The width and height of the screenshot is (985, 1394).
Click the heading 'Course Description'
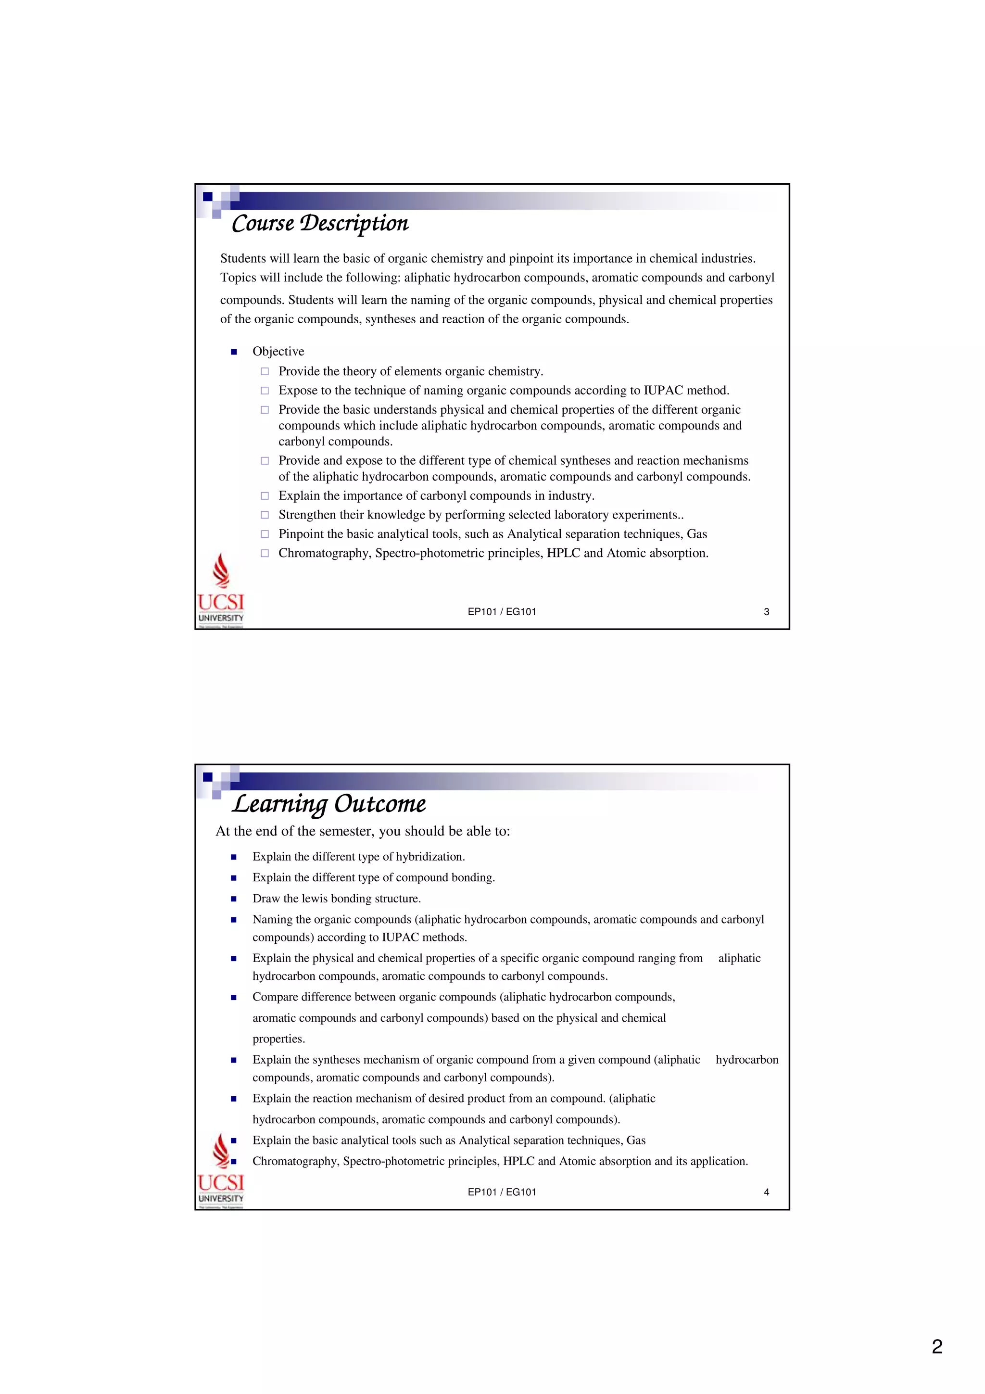click(320, 223)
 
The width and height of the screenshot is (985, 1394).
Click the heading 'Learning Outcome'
click(329, 804)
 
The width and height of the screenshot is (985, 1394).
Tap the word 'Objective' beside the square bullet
click(278, 352)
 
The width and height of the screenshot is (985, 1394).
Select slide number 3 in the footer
click(766, 612)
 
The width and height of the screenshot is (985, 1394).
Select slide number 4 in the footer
click(766, 1192)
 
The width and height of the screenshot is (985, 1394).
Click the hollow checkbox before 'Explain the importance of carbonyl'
click(265, 495)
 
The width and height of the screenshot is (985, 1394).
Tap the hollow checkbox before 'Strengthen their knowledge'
click(265, 515)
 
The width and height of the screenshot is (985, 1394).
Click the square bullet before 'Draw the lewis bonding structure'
click(234, 899)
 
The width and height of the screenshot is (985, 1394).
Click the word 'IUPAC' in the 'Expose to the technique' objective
click(663, 391)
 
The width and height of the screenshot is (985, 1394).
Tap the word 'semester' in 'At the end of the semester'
click(341, 831)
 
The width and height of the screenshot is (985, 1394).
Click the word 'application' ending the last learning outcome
click(720, 1162)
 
